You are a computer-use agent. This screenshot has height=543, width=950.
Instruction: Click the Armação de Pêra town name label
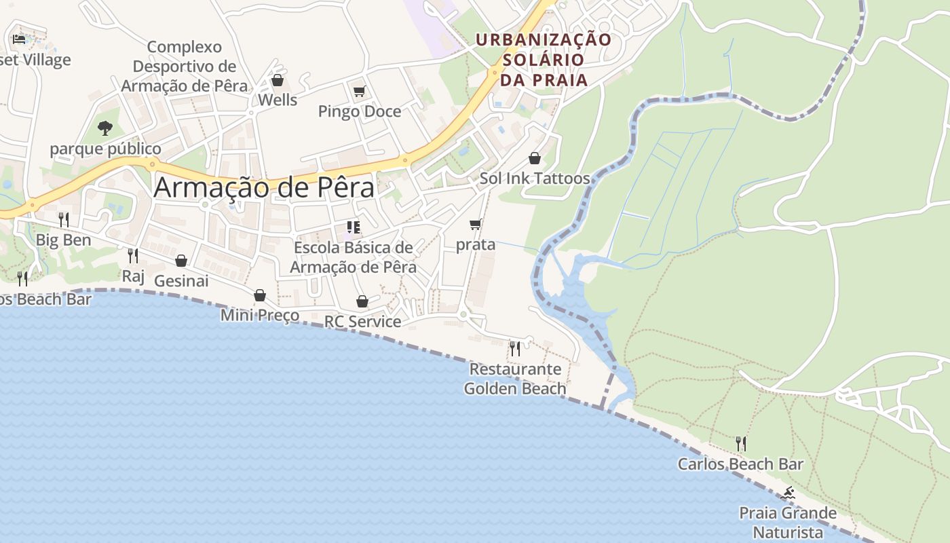(x=264, y=187)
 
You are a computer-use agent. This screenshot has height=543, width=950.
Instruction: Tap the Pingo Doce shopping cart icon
(x=359, y=91)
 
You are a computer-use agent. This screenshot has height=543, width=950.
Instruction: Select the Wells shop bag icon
(x=278, y=81)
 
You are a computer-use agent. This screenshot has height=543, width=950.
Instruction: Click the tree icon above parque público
(x=104, y=128)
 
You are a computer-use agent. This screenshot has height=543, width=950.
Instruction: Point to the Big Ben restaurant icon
(x=64, y=219)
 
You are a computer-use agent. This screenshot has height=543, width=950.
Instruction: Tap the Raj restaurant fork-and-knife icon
(x=133, y=256)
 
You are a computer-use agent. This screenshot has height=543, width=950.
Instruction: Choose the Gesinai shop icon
(x=181, y=261)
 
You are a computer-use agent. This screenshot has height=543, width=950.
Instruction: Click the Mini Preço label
(x=260, y=315)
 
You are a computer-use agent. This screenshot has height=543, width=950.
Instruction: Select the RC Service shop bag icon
(x=362, y=301)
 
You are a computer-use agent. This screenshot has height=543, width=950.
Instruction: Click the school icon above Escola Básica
(x=353, y=227)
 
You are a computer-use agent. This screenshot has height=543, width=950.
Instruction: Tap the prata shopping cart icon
(x=476, y=224)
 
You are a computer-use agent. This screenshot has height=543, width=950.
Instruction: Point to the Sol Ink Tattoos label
(x=535, y=179)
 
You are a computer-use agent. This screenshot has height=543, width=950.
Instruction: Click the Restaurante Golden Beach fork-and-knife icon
(x=515, y=349)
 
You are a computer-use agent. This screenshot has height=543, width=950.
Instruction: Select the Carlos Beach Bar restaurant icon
(x=741, y=444)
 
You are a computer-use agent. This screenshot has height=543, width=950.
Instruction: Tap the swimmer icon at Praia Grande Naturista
(x=788, y=493)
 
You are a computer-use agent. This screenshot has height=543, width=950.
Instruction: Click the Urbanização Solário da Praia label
(x=544, y=60)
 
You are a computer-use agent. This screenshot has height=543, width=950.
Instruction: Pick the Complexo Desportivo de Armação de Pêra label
(x=185, y=67)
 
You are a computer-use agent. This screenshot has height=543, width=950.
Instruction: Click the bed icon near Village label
(x=19, y=39)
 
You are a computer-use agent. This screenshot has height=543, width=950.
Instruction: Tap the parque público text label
(x=106, y=149)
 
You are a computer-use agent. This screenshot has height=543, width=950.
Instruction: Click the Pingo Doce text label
(x=360, y=111)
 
